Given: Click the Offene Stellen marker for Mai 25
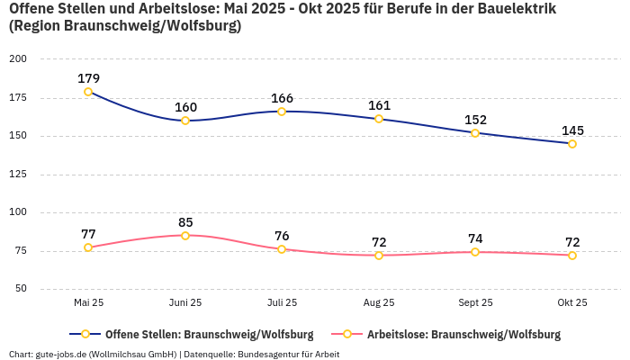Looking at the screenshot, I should pyautogui.click(x=88, y=92).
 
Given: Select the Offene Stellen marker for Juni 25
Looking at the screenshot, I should pyautogui.click(x=185, y=121).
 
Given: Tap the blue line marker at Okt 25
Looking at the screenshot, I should pyautogui.click(x=572, y=144).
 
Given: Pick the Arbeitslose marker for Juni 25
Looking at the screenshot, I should pyautogui.click(x=185, y=236).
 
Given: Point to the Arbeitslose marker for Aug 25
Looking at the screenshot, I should pyautogui.click(x=379, y=256).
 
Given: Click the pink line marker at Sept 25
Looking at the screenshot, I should pyautogui.click(x=475, y=252).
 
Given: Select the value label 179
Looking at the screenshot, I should pyautogui.click(x=88, y=78).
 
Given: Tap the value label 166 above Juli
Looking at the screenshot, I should pyautogui.click(x=282, y=98).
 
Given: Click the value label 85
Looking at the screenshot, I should pyautogui.click(x=185, y=222).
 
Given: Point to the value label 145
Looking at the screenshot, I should pyautogui.click(x=572, y=130).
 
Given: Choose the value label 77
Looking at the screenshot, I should pyautogui.click(x=88, y=234).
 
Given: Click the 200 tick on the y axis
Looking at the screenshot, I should pyautogui.click(x=18, y=58).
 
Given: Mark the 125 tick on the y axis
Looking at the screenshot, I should pyautogui.click(x=18, y=175).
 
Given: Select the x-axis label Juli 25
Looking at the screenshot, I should pyautogui.click(x=282, y=302).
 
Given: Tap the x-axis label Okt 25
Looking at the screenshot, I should pyautogui.click(x=572, y=302).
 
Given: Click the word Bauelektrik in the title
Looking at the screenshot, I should pyautogui.click(x=517, y=9).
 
